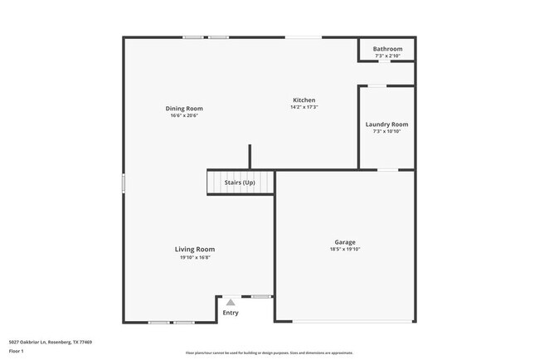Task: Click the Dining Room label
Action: (x=184, y=109)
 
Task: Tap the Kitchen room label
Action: (x=304, y=100)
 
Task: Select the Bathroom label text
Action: (x=387, y=49)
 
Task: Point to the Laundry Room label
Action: (x=386, y=124)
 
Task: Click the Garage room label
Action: (x=345, y=242)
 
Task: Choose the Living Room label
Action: (x=195, y=249)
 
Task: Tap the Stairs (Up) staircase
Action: (x=240, y=182)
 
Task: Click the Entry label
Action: (x=231, y=313)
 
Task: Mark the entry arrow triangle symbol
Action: (x=231, y=303)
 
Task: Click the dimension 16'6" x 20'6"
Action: (x=184, y=115)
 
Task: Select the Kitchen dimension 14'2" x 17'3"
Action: (x=304, y=107)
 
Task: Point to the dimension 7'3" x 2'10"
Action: (x=387, y=56)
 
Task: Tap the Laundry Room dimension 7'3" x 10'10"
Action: (x=386, y=131)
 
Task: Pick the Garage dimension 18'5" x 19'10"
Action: (x=345, y=249)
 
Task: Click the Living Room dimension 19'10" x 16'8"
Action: (x=195, y=256)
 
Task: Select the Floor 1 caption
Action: (x=16, y=351)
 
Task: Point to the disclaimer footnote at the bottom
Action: (x=269, y=353)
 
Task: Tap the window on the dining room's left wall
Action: (x=124, y=183)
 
